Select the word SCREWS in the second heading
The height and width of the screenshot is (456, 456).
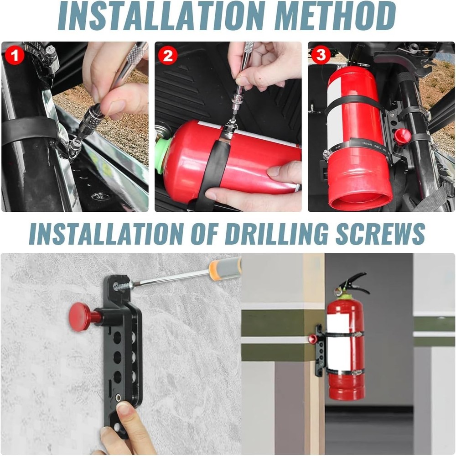coord(381,234)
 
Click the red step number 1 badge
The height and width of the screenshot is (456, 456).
coord(15,55)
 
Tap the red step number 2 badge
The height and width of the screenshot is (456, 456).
coord(168,55)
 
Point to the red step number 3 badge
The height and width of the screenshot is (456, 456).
coord(321,54)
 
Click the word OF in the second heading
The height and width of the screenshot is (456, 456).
coord(203,234)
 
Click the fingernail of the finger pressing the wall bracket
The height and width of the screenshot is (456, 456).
coord(124,408)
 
